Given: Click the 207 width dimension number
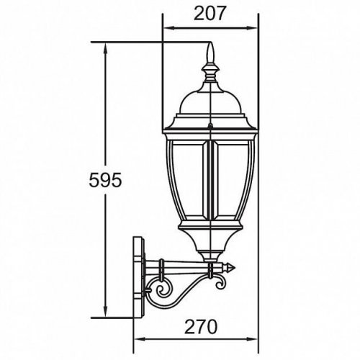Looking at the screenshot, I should [x=210, y=12].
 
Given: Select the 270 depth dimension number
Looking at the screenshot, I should [x=198, y=326].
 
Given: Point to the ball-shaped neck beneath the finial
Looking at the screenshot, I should [x=210, y=73].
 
